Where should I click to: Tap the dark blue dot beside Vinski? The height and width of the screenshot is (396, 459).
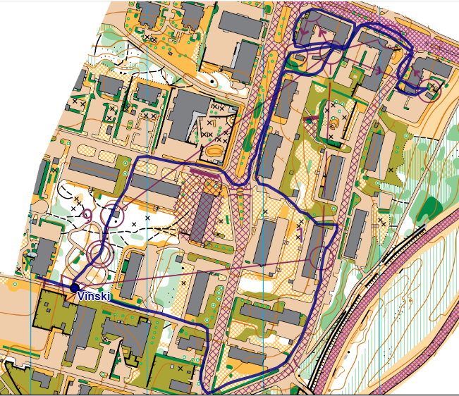point(74,287)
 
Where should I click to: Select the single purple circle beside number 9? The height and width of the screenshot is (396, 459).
point(113,214)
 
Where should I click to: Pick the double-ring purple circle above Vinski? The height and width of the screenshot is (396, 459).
point(99,252)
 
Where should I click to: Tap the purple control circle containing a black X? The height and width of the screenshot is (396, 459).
point(429,89)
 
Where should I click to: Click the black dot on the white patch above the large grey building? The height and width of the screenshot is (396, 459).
point(212,82)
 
